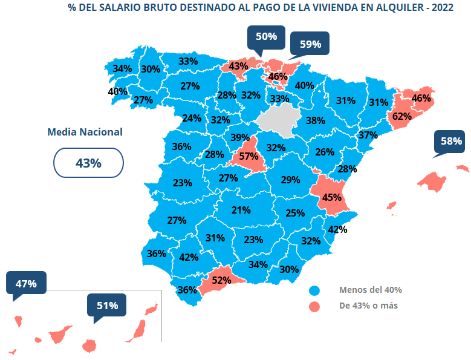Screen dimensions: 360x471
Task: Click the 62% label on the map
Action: [402, 116]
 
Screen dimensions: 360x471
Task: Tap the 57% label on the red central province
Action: [248, 156]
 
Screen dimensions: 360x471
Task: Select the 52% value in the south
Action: [221, 280]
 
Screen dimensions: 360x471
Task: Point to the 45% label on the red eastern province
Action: [332, 197]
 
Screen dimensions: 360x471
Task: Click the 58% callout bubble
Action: [451, 142]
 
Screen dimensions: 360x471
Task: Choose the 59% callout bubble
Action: [310, 44]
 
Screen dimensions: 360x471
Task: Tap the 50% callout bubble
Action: [266, 37]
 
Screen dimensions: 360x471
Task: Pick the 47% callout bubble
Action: [26, 283]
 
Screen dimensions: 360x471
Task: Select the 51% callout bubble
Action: [107, 306]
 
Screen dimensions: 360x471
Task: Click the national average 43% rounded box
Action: [88, 163]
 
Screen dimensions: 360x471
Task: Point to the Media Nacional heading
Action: [85, 132]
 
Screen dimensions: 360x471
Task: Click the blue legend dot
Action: [314, 290]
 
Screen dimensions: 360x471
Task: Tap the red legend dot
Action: [314, 306]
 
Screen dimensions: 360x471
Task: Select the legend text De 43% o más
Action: [368, 306]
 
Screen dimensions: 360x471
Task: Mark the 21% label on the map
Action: [241, 211]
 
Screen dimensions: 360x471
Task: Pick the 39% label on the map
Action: [240, 137]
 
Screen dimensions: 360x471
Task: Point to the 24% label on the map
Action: [192, 118]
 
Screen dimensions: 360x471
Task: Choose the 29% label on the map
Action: [290, 180]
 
